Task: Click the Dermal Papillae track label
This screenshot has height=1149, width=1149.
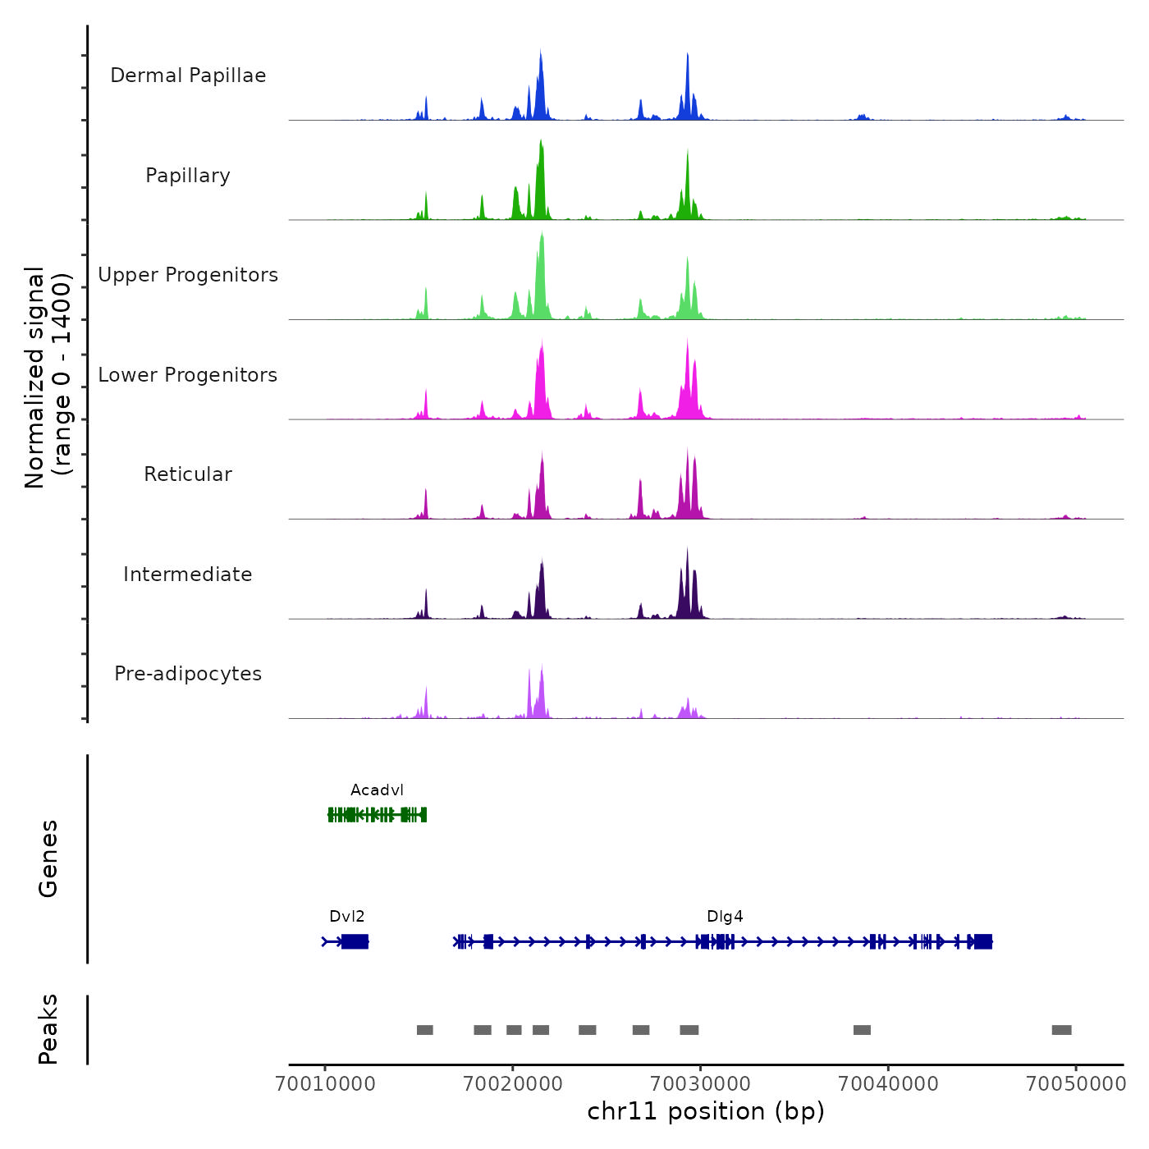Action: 188,76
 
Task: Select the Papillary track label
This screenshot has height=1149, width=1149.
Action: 188,176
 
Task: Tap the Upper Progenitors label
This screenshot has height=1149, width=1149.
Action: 188,275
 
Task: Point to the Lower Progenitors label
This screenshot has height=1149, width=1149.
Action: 188,375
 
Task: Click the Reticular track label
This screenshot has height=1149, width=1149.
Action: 188,474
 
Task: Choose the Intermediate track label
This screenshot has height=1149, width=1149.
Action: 188,574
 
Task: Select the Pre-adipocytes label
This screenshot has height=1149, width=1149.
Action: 188,674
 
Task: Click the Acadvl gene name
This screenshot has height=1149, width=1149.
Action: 377,790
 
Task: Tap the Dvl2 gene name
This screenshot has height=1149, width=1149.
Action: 346,917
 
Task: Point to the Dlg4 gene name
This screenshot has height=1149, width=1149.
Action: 725,917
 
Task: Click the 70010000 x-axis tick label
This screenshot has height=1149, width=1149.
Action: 326,1084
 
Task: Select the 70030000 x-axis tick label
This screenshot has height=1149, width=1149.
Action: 701,1084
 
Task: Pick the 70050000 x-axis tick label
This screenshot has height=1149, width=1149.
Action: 1076,1084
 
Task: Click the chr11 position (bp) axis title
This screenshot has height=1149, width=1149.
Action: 706,1111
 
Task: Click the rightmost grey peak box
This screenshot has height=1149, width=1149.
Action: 1061,1030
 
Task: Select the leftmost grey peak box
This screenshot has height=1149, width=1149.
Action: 424,1030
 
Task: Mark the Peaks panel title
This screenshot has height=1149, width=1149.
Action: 48,1029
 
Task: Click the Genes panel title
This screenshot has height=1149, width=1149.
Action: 48,858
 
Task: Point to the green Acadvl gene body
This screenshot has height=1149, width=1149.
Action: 377,814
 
